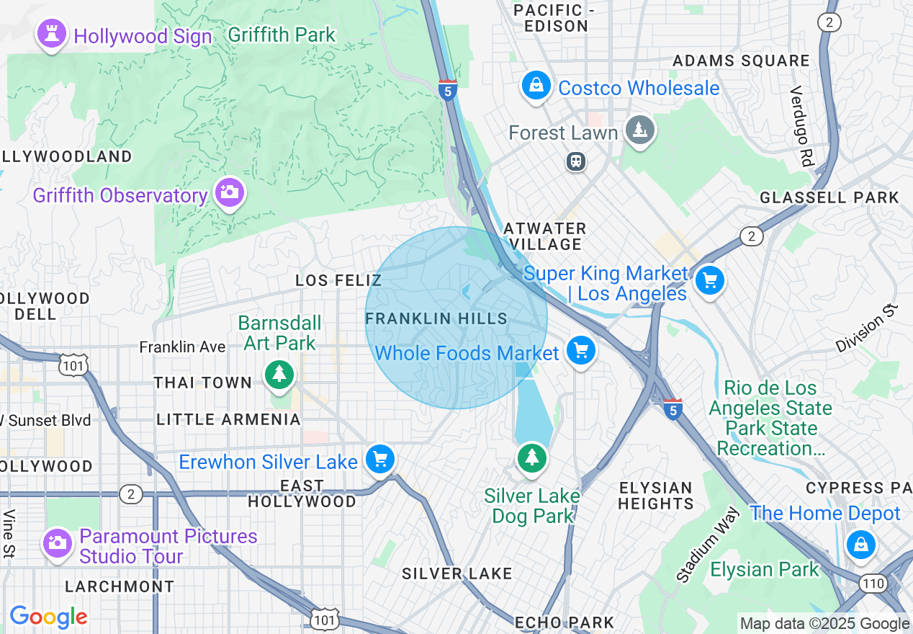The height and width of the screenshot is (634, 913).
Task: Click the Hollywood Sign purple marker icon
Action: tap(52, 35)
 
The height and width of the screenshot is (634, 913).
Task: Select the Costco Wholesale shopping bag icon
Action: tap(536, 86)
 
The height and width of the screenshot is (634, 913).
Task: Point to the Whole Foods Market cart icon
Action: tap(581, 352)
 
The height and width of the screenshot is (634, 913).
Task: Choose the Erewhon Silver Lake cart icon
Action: tap(379, 460)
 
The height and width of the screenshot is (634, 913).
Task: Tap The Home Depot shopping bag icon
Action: tap(860, 545)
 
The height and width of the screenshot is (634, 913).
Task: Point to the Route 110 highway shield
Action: tap(874, 583)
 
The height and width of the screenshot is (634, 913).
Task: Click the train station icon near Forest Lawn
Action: tap(576, 161)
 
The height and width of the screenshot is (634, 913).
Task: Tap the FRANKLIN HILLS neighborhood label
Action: tap(436, 318)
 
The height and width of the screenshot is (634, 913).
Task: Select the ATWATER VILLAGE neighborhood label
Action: tap(545, 236)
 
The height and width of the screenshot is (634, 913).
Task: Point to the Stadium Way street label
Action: tap(708, 545)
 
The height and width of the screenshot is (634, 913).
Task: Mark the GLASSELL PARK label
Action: tap(829, 197)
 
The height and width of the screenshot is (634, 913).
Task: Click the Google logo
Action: tap(48, 617)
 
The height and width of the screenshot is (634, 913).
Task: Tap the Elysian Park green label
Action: tap(765, 570)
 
